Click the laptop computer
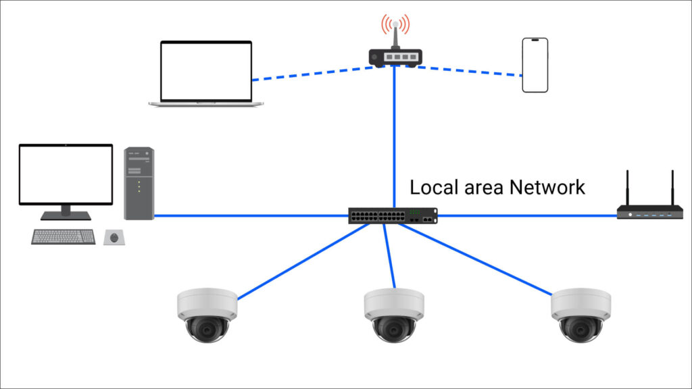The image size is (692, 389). tap(206, 73)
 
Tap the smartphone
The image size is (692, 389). tap(535, 65)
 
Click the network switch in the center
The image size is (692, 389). tap(393, 216)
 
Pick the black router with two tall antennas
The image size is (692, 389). tap(649, 212)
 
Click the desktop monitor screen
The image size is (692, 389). tap(66, 174)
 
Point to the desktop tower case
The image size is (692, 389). tap(139, 183)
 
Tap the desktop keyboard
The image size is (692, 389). tap(64, 237)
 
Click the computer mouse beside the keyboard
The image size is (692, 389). tap(115, 237)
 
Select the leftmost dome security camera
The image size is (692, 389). tap(206, 315)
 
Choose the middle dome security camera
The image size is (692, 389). tap(393, 315)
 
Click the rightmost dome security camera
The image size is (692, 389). tap(580, 315)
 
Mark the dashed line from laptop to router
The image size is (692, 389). tap(311, 74)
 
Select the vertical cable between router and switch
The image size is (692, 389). tap(394, 135)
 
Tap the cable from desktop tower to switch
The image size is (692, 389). tap(250, 216)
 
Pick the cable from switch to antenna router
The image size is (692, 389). tap(527, 216)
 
